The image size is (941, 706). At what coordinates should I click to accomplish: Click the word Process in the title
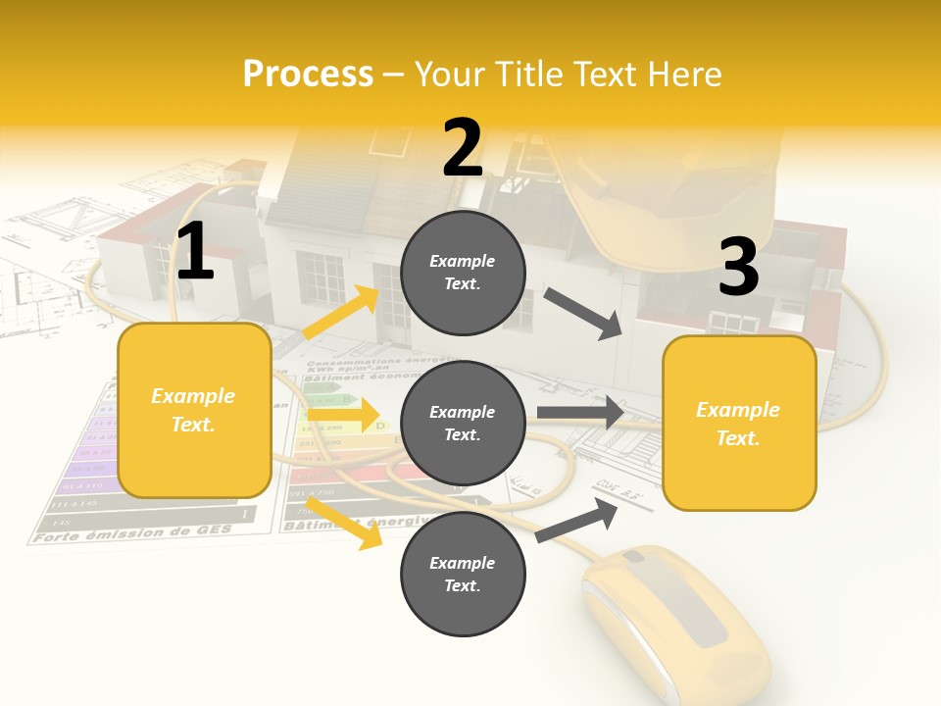pyautogui.click(x=308, y=75)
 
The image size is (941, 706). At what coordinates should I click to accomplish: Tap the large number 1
pyautogui.click(x=195, y=252)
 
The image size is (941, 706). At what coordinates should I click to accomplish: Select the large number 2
pyautogui.click(x=463, y=148)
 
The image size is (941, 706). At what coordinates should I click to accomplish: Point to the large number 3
pyautogui.click(x=738, y=268)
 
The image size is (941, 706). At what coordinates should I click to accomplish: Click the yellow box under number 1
pyautogui.click(x=194, y=410)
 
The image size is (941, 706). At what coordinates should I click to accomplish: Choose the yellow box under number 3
pyautogui.click(x=739, y=423)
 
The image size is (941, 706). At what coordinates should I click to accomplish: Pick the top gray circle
pyautogui.click(x=463, y=272)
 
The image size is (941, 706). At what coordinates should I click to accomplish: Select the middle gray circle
pyautogui.click(x=463, y=423)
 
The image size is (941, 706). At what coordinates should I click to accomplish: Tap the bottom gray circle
pyautogui.click(x=463, y=574)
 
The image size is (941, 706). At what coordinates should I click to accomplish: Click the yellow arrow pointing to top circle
pyautogui.click(x=341, y=312)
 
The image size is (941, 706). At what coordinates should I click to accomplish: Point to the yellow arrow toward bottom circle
pyautogui.click(x=344, y=522)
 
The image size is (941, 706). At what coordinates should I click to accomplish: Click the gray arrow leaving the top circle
pyautogui.click(x=584, y=313)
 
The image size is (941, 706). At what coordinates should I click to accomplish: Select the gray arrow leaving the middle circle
pyautogui.click(x=581, y=413)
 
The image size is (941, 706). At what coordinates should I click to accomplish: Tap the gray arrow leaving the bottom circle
pyautogui.click(x=576, y=520)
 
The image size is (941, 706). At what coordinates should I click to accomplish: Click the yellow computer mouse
pyautogui.click(x=676, y=628)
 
